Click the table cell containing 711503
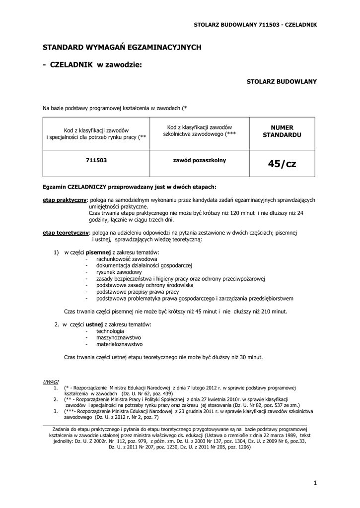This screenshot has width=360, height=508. pos(96,161)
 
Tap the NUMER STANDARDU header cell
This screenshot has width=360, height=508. pos(282,131)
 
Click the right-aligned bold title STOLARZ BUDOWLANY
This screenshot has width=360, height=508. pos(282,81)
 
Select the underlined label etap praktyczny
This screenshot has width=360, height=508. pos(65,200)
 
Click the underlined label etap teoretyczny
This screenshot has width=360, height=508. pos(66,232)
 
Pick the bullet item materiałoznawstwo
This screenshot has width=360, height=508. pos(120,344)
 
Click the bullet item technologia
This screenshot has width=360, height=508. pos(110,331)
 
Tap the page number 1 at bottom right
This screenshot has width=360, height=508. pos(315,483)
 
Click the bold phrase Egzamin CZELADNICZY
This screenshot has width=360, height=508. pos(73,187)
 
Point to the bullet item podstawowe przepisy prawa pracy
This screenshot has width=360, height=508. pos(138,292)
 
